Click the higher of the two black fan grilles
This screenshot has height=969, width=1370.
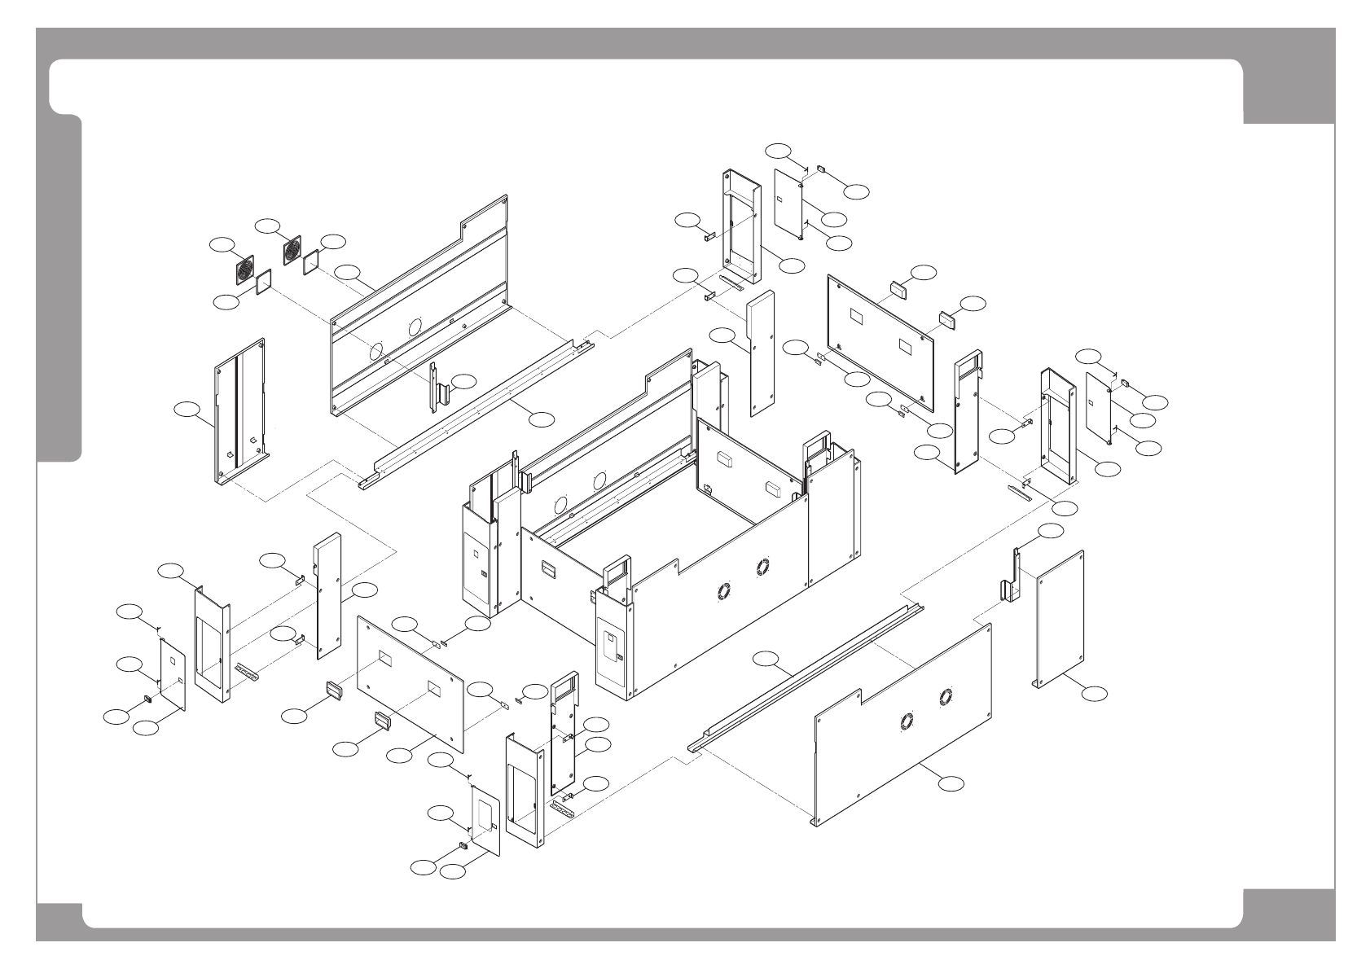(292, 250)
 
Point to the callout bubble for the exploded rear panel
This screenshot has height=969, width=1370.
(349, 274)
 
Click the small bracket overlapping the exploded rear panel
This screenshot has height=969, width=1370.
(439, 389)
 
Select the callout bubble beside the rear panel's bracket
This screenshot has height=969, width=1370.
(464, 380)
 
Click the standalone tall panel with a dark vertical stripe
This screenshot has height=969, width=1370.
(240, 411)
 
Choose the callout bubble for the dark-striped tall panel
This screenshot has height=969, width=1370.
(189, 410)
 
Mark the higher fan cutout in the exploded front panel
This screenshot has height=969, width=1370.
(946, 696)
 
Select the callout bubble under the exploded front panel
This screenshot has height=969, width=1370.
(951, 783)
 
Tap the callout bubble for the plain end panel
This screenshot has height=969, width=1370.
(1095, 693)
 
